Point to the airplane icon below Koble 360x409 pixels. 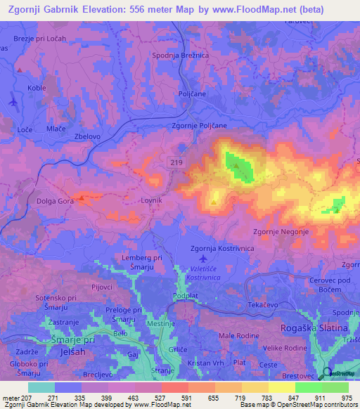pos(13,102)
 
